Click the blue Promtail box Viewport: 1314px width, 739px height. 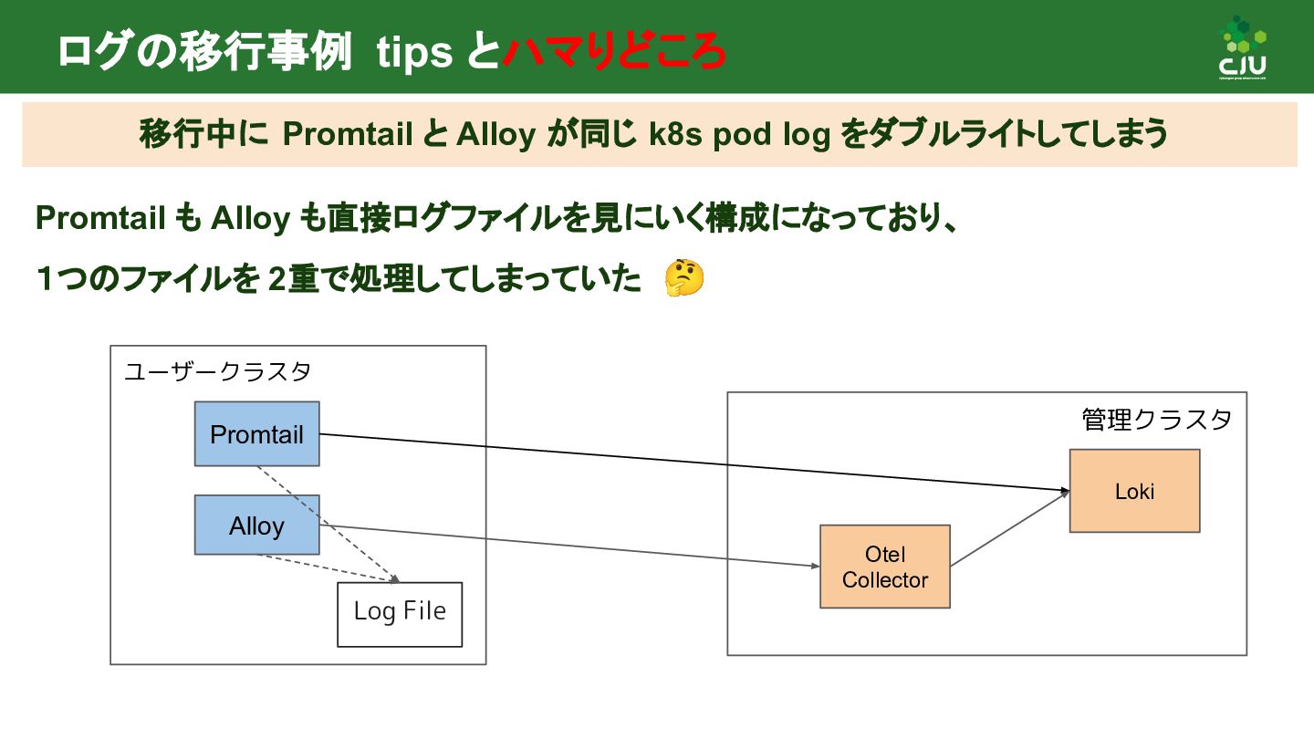click(x=256, y=433)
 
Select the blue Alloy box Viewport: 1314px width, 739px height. click(x=256, y=525)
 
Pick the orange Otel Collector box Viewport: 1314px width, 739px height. click(x=885, y=567)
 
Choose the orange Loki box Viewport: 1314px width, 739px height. click(x=1134, y=491)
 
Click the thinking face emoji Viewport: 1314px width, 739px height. click(x=683, y=278)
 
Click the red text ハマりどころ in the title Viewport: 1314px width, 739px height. click(x=613, y=53)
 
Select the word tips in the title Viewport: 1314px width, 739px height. click(x=415, y=53)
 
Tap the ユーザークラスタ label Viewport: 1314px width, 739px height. click(x=217, y=372)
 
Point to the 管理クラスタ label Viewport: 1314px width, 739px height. click(x=1156, y=420)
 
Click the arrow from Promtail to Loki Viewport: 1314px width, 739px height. click(x=693, y=463)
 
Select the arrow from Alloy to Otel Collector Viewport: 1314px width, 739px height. click(x=566, y=546)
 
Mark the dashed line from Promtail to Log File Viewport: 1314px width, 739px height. click(x=328, y=524)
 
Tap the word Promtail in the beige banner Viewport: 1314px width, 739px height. click(x=348, y=135)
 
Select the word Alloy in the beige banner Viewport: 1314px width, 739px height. click(x=495, y=135)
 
